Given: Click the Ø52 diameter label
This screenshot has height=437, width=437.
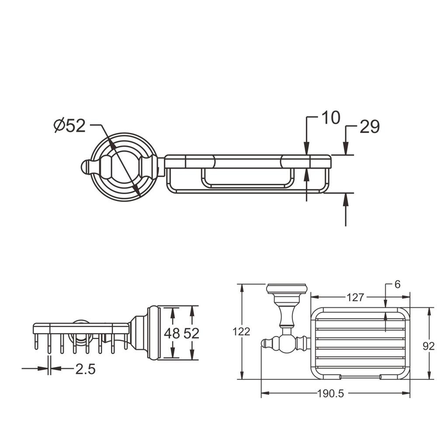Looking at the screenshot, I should [x=69, y=125].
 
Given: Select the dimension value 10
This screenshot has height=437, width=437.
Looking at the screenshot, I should [x=331, y=118].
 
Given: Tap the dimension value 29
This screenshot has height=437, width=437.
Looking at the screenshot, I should [x=370, y=127].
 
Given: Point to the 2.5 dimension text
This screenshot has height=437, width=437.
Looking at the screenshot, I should [x=85, y=369].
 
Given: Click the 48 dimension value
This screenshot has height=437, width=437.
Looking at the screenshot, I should [x=172, y=333].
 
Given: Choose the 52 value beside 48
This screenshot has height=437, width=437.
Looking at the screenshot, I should [x=191, y=333].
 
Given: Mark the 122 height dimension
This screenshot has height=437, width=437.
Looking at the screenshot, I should [x=241, y=332].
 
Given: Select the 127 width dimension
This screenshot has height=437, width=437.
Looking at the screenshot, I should [x=355, y=298].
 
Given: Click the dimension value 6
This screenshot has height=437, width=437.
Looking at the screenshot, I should [x=397, y=284].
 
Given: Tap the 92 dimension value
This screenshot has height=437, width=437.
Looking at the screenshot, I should [x=428, y=347].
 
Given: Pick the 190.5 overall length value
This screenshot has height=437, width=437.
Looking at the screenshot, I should [x=330, y=393].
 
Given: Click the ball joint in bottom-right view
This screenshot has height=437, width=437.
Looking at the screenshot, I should [x=286, y=343].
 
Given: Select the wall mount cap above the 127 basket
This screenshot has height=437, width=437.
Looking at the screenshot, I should [x=287, y=289].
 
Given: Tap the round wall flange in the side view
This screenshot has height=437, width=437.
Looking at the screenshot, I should [x=153, y=333].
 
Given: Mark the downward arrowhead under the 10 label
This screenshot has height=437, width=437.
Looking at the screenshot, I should [x=307, y=149].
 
